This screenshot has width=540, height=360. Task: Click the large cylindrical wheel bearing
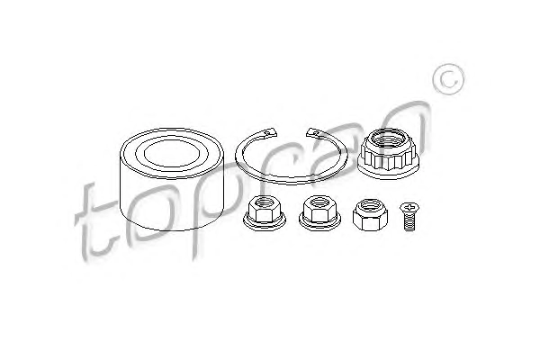(172, 179)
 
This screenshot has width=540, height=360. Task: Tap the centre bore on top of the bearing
(172, 153)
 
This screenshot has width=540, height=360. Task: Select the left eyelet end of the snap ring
(271, 132)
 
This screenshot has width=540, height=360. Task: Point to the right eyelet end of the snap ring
(312, 132)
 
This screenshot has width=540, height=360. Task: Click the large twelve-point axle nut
(388, 154)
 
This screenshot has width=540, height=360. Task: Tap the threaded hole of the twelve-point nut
(389, 139)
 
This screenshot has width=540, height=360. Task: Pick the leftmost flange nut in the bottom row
(264, 213)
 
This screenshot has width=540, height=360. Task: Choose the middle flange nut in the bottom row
(319, 212)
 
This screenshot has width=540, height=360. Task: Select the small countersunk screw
(409, 217)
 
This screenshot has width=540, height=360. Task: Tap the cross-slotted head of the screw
(409, 208)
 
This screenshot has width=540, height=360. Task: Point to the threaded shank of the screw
(409, 222)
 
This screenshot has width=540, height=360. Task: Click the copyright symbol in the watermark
(448, 79)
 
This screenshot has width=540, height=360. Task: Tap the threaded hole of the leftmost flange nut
(264, 202)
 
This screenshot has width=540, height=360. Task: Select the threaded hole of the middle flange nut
(319, 202)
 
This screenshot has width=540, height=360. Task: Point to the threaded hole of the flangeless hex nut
(371, 206)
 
